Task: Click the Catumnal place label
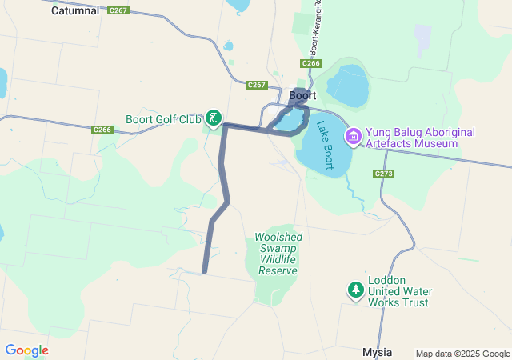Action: click(75, 11)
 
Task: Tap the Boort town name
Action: click(302, 95)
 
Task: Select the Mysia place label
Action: click(377, 351)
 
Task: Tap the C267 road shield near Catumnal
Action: click(118, 10)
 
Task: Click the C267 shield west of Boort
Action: click(257, 85)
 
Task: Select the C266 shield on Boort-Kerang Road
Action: click(311, 63)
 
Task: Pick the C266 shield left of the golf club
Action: click(102, 130)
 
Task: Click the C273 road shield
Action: click(384, 173)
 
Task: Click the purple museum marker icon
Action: click(353, 137)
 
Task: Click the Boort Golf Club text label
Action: click(163, 120)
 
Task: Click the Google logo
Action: click(26, 350)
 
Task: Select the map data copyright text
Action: click(462, 354)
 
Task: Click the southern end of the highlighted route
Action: click(205, 271)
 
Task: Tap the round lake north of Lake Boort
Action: click(347, 86)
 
